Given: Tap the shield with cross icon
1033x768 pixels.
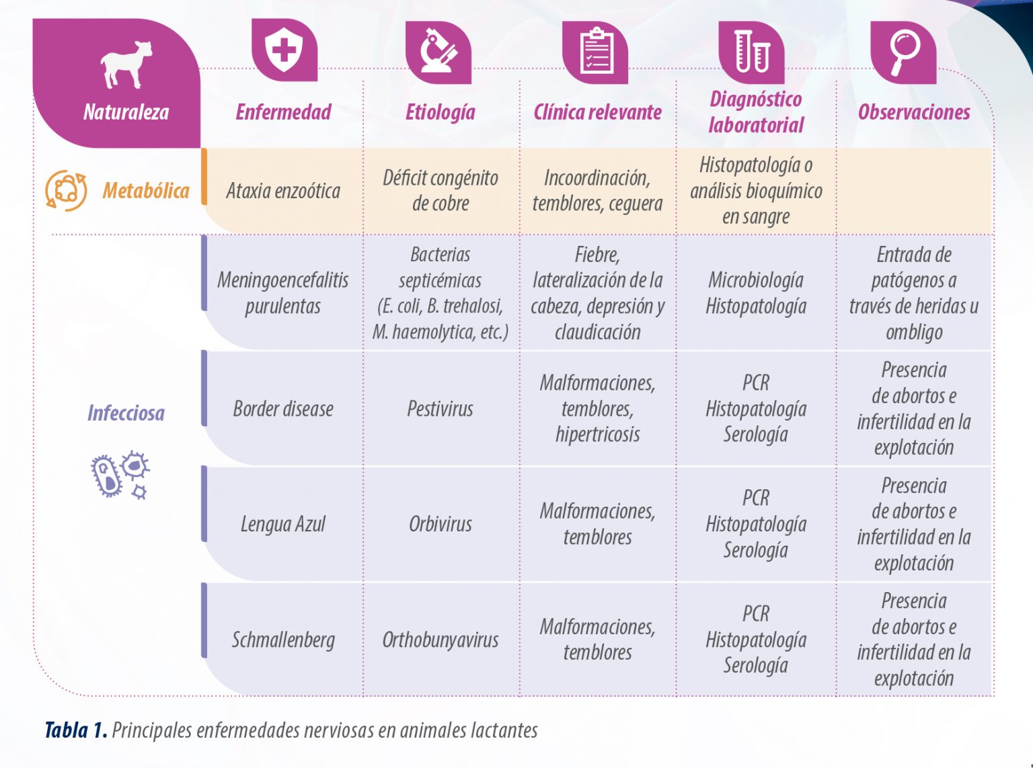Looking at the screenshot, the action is click(x=284, y=49).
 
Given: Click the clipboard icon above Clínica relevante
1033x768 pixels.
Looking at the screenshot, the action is click(x=596, y=51).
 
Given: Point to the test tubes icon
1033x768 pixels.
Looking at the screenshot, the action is click(x=752, y=51).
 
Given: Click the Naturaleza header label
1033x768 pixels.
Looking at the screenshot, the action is click(x=126, y=112).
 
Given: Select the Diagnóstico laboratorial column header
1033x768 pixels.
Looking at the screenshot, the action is click(x=756, y=112).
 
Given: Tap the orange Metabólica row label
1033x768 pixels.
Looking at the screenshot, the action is click(x=146, y=191).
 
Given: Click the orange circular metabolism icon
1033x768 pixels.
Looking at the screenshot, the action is click(x=66, y=191).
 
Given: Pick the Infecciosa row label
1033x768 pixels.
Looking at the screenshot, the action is click(x=126, y=413).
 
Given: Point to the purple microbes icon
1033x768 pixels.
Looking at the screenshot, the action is click(x=120, y=475).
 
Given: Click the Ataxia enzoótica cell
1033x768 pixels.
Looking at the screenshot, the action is click(x=283, y=191).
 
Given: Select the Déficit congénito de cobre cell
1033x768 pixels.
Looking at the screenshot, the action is click(x=441, y=191).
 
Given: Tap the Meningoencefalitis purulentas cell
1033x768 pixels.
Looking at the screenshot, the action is click(x=282, y=293).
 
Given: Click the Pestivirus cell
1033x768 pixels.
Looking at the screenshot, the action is click(x=440, y=409).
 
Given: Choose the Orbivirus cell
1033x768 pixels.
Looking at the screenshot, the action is click(x=440, y=524).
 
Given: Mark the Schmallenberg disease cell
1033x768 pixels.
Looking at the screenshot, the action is click(x=283, y=640).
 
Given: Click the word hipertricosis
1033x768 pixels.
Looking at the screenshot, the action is click(x=597, y=435).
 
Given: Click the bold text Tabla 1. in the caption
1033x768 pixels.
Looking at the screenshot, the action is click(x=77, y=730).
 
